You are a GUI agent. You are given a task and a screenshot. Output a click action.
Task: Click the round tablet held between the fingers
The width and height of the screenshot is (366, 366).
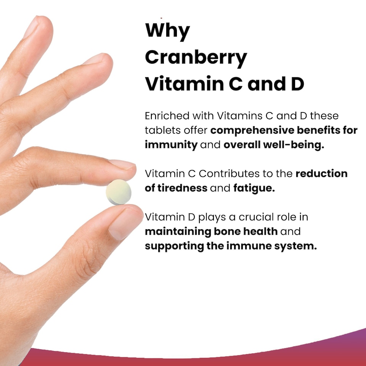(x=119, y=192)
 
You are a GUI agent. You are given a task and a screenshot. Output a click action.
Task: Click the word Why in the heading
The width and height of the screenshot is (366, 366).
(x=167, y=30)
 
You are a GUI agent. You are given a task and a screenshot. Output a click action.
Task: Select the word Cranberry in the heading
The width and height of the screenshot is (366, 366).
(x=196, y=58)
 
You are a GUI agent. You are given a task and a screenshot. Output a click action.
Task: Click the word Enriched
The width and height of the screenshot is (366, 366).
(x=166, y=115)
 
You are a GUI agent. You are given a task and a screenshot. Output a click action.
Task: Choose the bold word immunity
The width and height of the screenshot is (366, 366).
(x=171, y=145)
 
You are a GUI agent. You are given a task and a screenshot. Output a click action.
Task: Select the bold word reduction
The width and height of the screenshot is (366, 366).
(x=321, y=174)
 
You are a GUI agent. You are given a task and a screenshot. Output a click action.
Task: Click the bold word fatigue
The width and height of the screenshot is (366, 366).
(x=254, y=188)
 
